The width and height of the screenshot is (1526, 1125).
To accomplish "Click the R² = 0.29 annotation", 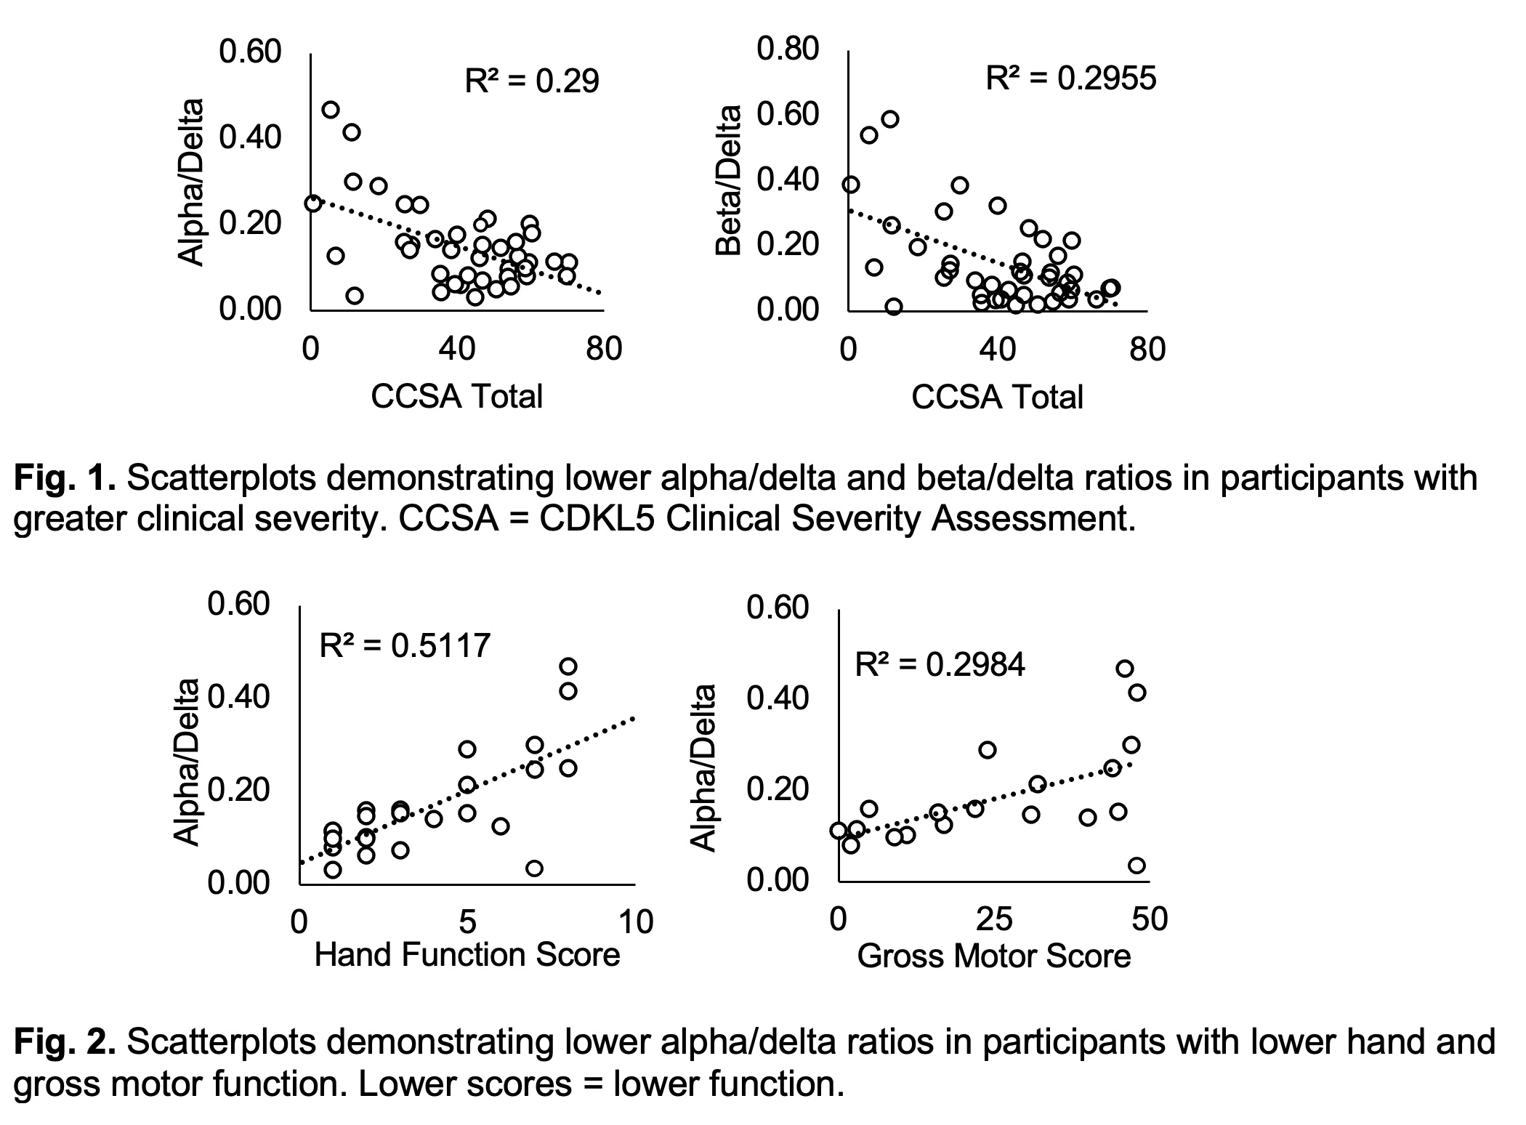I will pyautogui.click(x=531, y=81).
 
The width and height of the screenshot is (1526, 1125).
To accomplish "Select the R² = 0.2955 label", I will pyautogui.click(x=1070, y=78).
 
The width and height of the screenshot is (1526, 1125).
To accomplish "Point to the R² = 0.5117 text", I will pyautogui.click(x=405, y=645).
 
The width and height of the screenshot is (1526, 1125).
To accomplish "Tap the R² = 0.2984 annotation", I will pyautogui.click(x=939, y=664).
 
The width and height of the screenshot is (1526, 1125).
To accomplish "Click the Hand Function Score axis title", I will pyautogui.click(x=467, y=954).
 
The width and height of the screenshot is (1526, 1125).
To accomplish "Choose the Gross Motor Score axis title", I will pyautogui.click(x=993, y=956).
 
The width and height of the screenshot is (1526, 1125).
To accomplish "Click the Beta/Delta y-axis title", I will pyautogui.click(x=728, y=182).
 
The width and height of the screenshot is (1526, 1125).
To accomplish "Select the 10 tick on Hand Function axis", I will pyautogui.click(x=636, y=922).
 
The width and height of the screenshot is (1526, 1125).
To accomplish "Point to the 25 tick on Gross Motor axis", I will pyautogui.click(x=993, y=919).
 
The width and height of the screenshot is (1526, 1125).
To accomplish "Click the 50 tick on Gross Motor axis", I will pyautogui.click(x=1150, y=919).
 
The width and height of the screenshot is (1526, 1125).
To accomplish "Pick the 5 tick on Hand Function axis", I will pyautogui.click(x=467, y=922).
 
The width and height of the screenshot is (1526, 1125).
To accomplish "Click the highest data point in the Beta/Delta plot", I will pyautogui.click(x=889, y=119).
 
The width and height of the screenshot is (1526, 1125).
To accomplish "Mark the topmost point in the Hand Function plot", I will pyautogui.click(x=568, y=666).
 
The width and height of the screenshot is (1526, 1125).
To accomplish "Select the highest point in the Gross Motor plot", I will pyautogui.click(x=1124, y=669).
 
